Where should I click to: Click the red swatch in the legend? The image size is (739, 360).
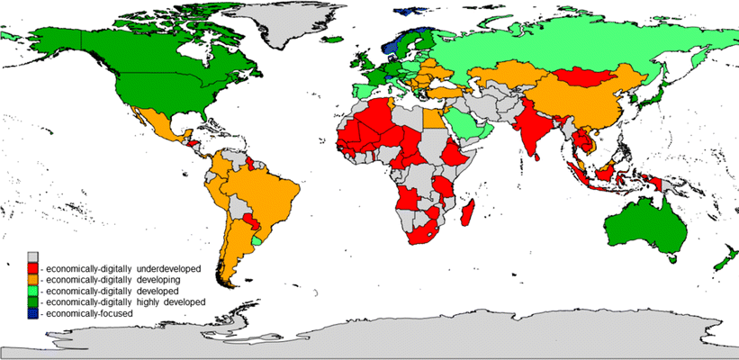tap(32, 268)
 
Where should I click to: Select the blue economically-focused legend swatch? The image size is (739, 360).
tap(32, 312)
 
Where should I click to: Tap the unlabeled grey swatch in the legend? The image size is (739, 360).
tap(32, 256)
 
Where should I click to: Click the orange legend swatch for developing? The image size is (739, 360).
tap(32, 279)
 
